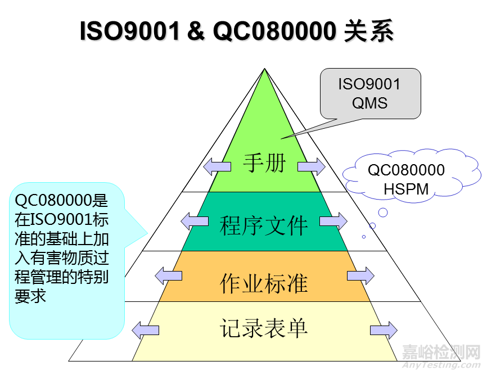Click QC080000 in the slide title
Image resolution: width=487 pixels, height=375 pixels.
[x=274, y=31]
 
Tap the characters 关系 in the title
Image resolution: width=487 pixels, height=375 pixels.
[x=368, y=31]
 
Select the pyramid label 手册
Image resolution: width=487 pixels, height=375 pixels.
[x=264, y=164]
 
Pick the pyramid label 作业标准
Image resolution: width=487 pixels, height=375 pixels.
[x=264, y=282]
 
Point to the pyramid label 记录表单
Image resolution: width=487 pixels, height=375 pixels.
[x=264, y=328]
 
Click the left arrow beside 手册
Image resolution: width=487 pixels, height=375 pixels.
[x=217, y=166]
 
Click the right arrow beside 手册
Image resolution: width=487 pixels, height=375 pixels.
[x=312, y=166]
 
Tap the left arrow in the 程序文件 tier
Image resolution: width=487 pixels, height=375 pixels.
[x=194, y=220]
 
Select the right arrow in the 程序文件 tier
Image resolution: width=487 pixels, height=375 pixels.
[x=334, y=220]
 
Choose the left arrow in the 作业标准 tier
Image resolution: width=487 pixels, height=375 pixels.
[x=168, y=275]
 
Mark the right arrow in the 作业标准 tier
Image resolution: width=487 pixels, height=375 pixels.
[x=360, y=275]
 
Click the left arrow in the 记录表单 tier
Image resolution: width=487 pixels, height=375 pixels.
[x=145, y=330]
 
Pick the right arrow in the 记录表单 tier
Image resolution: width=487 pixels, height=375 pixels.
[x=384, y=330]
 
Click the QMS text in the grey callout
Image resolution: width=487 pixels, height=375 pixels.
[x=369, y=103]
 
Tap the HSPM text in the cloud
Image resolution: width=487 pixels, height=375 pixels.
[x=406, y=189]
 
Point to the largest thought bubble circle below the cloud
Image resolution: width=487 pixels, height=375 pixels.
[x=383, y=213]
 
